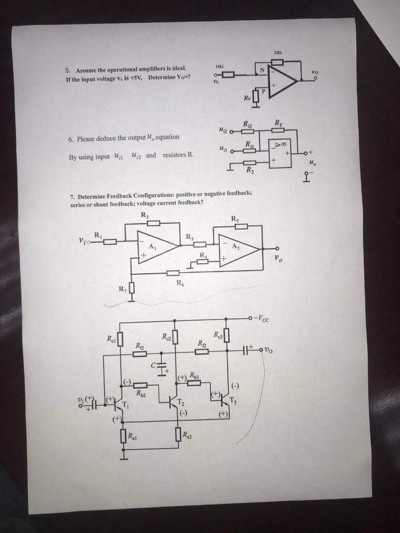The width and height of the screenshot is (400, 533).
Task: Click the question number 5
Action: coord(67,70)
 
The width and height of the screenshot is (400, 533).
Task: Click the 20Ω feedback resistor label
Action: coord(277,53)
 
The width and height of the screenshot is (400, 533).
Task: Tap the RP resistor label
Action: coord(246,97)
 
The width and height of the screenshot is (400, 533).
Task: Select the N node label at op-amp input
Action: coord(262,69)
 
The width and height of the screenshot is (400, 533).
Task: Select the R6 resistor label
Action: coord(180,283)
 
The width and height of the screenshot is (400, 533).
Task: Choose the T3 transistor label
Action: coord(233,400)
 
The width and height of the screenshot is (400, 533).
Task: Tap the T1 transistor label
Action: coord(125,404)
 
